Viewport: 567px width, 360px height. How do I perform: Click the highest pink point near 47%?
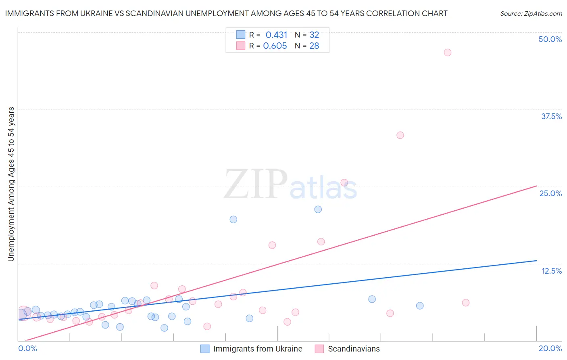[447, 52]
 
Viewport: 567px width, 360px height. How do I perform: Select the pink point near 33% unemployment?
[400, 135]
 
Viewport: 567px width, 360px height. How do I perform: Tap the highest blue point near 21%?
[318, 209]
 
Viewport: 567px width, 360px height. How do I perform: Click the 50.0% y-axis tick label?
[550, 39]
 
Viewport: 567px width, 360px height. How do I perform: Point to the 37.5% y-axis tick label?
[551, 116]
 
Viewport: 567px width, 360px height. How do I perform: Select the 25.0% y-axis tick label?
[550, 193]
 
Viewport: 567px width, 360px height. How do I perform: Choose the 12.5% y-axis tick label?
[551, 271]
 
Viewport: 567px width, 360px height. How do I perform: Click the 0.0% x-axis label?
[27, 348]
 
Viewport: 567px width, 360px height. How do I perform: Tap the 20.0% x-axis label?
[550, 348]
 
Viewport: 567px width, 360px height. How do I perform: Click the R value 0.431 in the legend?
[276, 35]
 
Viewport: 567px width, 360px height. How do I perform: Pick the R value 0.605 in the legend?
[275, 46]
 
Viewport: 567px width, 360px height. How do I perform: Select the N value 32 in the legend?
[314, 35]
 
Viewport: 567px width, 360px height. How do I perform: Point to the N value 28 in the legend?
[314, 46]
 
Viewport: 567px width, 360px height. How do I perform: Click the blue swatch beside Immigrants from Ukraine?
[205, 349]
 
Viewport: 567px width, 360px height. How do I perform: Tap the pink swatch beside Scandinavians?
[319, 349]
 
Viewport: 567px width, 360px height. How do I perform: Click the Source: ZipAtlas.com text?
[531, 14]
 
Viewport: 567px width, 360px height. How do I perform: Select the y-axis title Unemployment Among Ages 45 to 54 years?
[11, 184]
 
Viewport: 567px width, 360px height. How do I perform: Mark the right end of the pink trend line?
[536, 186]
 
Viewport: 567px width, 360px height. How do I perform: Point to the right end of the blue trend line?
[536, 261]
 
